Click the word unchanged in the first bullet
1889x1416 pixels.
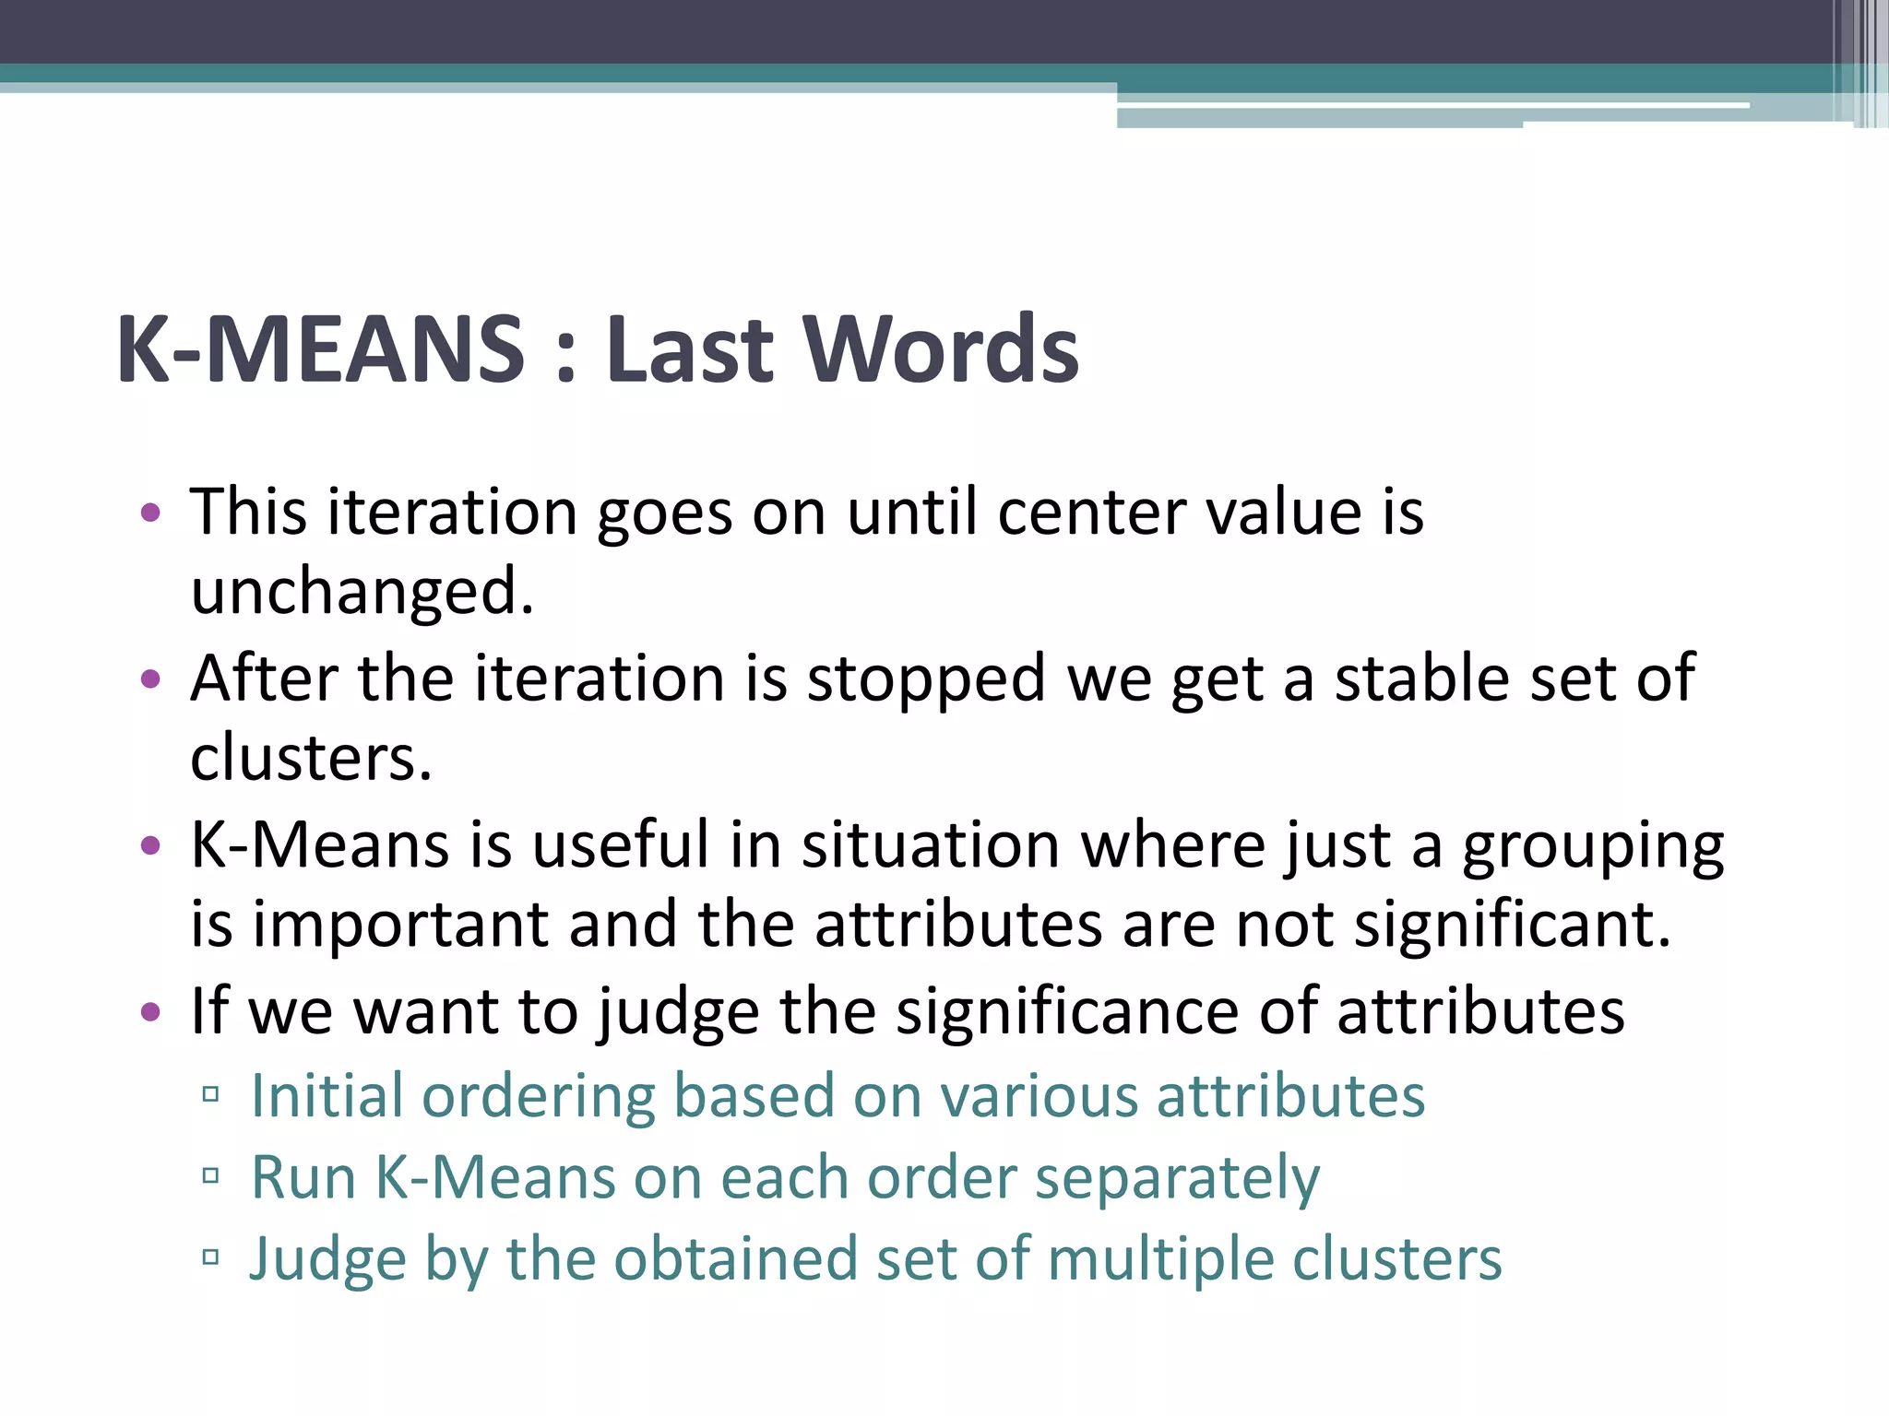click(362, 591)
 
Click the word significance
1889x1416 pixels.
click(1067, 1012)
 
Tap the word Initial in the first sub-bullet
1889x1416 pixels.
click(327, 1097)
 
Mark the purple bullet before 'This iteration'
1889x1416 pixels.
click(150, 513)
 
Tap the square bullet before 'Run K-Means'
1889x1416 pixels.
click(210, 1175)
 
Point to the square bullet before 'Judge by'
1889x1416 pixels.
click(210, 1257)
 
